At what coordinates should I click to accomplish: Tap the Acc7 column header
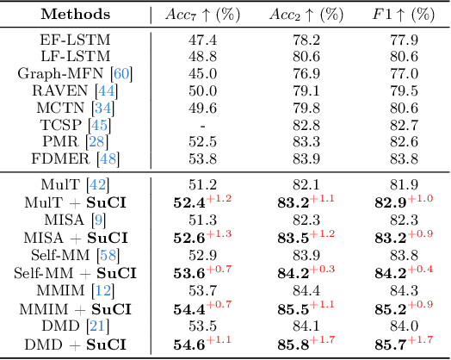pyautogui.click(x=203, y=15)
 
